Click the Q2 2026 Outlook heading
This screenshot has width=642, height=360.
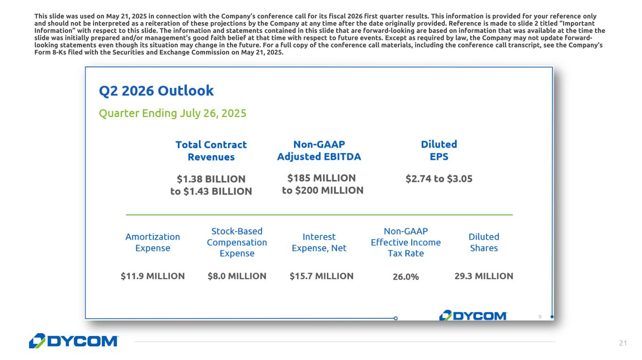[x=156, y=91]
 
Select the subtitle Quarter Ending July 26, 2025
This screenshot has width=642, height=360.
[x=172, y=113]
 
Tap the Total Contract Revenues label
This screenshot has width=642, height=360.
[x=211, y=150]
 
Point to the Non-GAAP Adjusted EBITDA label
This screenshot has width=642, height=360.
[x=319, y=150]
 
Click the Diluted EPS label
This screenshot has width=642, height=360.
[x=439, y=150]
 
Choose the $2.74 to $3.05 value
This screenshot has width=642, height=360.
[x=439, y=179]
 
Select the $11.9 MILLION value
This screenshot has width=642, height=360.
[x=152, y=276]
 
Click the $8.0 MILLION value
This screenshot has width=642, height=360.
[x=237, y=276]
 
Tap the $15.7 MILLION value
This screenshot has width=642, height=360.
[x=321, y=276]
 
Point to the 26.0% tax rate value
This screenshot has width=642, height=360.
[x=405, y=276]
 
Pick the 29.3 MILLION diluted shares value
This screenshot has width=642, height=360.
[x=483, y=276]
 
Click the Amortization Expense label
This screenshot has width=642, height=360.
[x=152, y=242]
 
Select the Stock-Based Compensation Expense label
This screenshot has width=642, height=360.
[x=237, y=242]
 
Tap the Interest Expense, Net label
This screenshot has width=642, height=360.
[x=319, y=242]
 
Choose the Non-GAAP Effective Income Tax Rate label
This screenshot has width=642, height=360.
[x=405, y=242]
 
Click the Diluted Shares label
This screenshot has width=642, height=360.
[x=483, y=242]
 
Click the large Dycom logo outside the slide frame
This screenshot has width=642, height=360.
[x=73, y=341]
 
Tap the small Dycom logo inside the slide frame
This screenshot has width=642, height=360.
[x=473, y=316]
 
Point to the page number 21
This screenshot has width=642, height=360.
[x=623, y=344]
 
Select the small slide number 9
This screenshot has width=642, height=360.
[x=539, y=317]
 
